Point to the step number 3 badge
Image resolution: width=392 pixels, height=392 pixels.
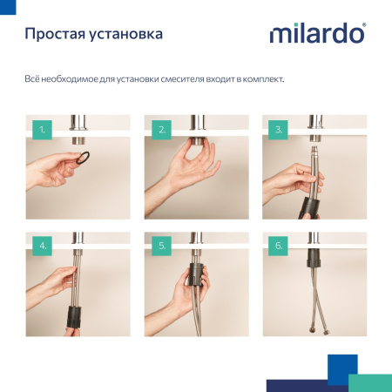[279, 132]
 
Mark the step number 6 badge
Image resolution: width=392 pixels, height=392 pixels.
[279, 246]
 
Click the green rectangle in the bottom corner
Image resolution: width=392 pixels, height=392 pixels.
[369, 382]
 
